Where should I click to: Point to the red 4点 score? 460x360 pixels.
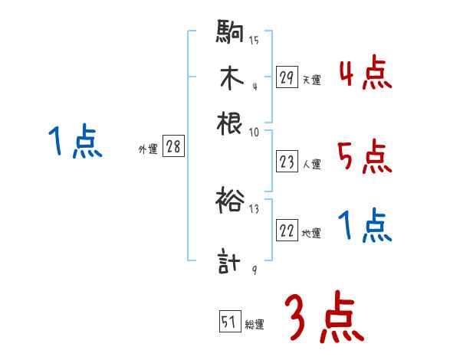(365, 74)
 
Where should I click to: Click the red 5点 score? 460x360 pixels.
(365, 159)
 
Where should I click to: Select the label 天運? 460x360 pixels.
(311, 80)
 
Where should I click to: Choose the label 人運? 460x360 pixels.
(311, 164)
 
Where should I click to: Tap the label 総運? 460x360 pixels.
(255, 325)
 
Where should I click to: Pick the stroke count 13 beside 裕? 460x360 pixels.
(255, 208)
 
